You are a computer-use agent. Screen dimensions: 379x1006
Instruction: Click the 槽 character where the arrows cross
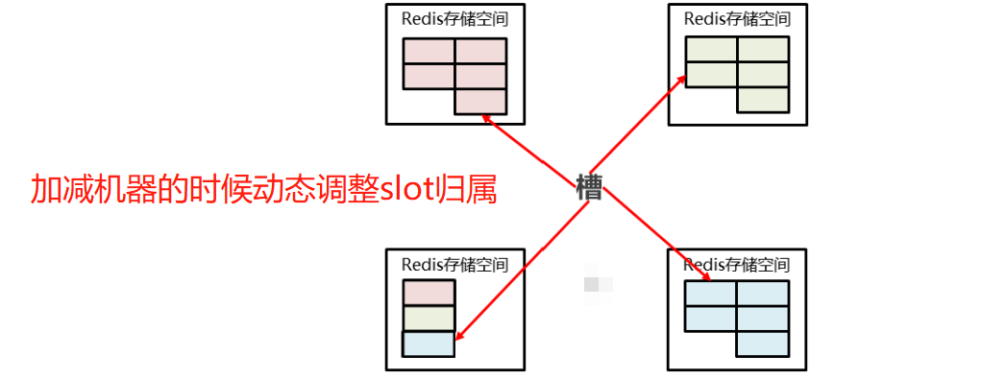(x=588, y=187)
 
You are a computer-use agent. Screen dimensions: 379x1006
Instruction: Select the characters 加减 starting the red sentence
(x=63, y=189)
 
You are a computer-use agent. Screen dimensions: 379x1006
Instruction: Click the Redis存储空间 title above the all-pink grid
(x=454, y=18)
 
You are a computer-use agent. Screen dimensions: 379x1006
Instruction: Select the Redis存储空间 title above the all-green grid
(x=737, y=18)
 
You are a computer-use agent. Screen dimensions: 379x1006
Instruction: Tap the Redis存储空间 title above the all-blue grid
(x=737, y=264)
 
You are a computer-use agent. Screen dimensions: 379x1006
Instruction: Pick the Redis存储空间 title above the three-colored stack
(x=454, y=264)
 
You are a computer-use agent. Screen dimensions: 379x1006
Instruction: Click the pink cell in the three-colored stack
(x=428, y=293)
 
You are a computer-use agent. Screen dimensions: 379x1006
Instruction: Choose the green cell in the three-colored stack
(x=428, y=318)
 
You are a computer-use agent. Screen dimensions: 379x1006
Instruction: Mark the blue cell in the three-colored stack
(x=428, y=343)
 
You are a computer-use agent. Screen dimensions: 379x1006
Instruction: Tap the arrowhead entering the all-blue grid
(x=706, y=277)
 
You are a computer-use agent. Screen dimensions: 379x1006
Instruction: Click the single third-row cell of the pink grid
(x=479, y=101)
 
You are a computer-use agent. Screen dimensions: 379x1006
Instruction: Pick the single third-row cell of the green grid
(x=763, y=100)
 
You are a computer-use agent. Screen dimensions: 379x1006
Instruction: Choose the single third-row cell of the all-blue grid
(x=763, y=343)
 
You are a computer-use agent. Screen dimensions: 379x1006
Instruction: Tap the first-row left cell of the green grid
(x=711, y=49)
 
